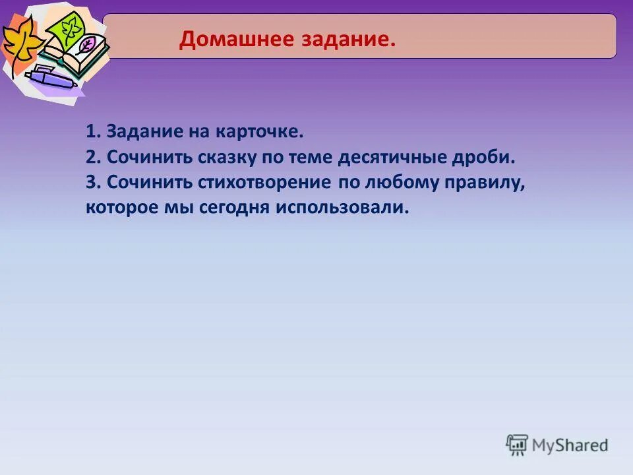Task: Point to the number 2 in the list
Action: (x=90, y=157)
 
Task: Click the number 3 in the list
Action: (x=90, y=182)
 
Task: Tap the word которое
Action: (x=118, y=208)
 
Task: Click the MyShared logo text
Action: (x=570, y=445)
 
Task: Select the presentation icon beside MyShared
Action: (x=517, y=444)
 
